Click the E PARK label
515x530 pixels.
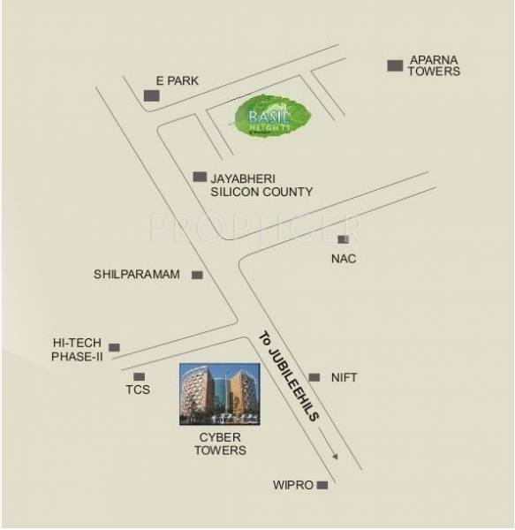pos(177,81)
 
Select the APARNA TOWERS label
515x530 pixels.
pos(433,66)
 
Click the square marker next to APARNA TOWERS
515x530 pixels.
pos(395,64)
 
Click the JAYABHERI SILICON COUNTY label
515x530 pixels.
pos(261,185)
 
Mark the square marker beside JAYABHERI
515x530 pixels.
pos(200,177)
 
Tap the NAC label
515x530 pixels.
pos(343,259)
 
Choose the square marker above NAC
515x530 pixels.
pos(343,238)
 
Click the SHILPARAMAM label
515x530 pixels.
pos(137,275)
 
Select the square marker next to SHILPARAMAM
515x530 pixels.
pos(197,276)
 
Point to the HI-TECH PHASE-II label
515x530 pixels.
pos(78,349)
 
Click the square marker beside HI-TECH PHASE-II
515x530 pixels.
pos(114,348)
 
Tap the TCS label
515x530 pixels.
pos(138,390)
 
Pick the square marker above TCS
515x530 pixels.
pos(139,376)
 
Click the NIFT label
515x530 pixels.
pos(345,377)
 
